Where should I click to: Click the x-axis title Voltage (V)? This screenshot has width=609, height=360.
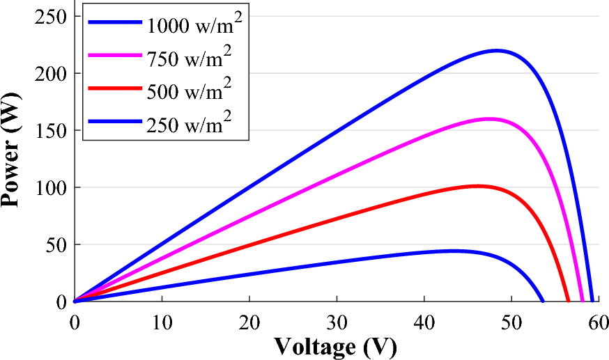(335, 345)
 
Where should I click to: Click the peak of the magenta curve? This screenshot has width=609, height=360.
(489, 119)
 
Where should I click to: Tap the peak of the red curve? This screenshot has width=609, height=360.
(477, 186)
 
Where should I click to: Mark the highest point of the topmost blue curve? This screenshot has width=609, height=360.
(497, 50)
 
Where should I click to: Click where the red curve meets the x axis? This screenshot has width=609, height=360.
(569, 302)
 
